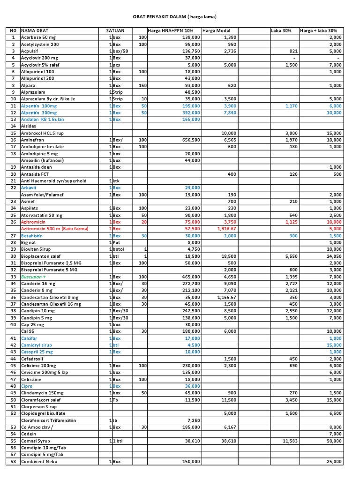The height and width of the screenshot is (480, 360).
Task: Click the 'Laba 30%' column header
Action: (281, 30)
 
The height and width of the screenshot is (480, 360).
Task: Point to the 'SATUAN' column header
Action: (115, 30)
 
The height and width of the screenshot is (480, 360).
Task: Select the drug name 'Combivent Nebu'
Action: (40, 462)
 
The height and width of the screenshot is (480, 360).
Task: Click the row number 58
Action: (13, 462)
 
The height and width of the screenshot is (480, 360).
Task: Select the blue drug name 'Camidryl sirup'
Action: (37, 345)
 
